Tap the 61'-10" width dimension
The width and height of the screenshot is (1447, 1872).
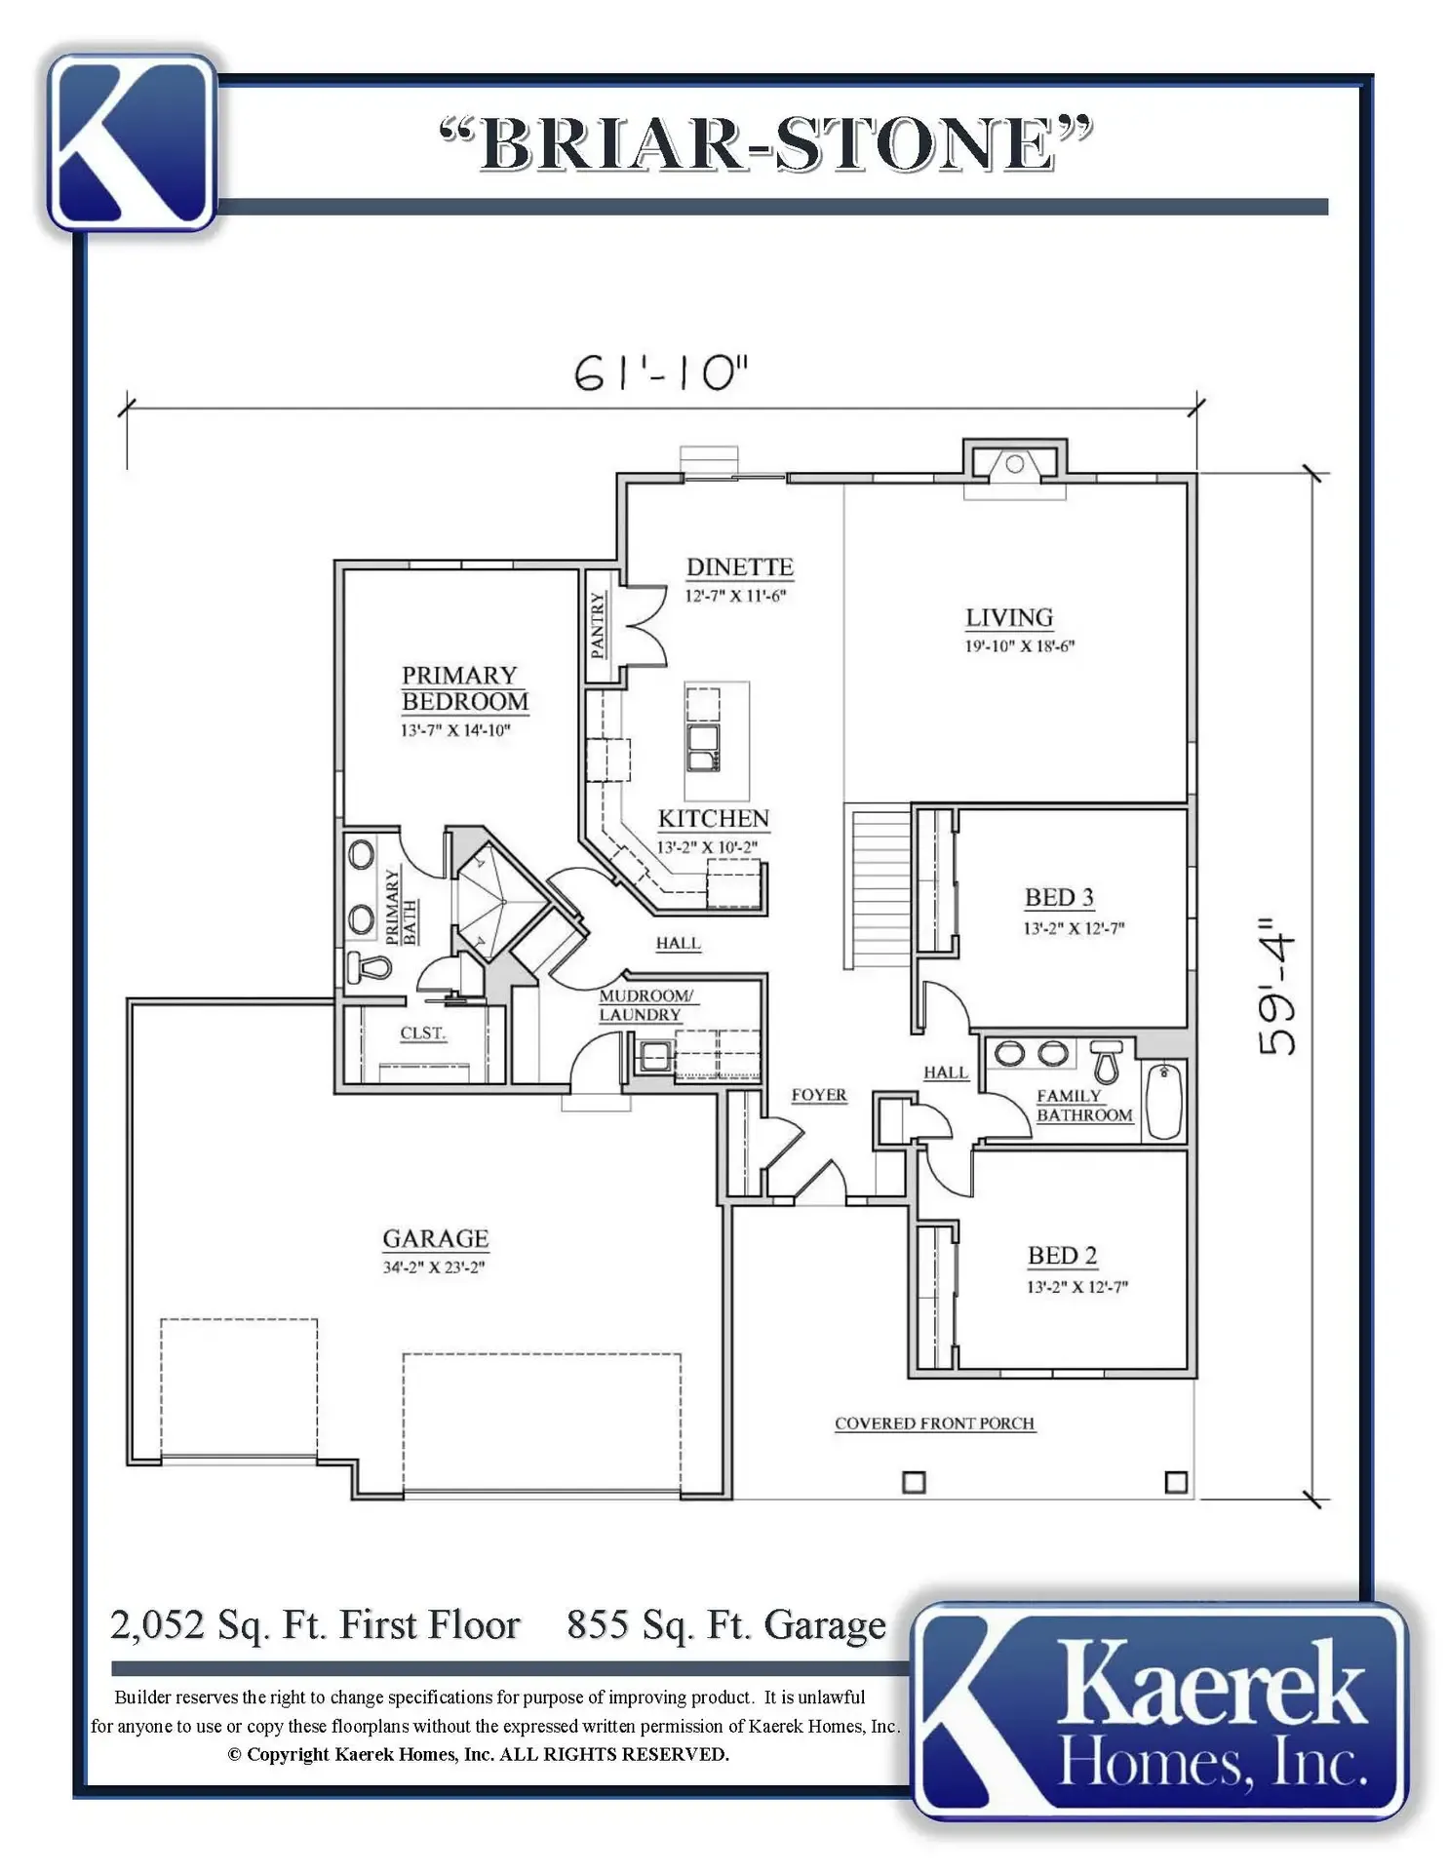pyautogui.click(x=662, y=372)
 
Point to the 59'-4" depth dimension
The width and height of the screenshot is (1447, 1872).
pyautogui.click(x=1277, y=986)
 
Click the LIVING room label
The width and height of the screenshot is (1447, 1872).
pyautogui.click(x=1009, y=617)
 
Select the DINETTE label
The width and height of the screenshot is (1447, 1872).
pyautogui.click(x=739, y=566)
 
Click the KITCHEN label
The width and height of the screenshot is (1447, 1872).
pyautogui.click(x=714, y=818)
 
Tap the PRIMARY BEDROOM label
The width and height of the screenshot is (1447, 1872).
pyautogui.click(x=465, y=688)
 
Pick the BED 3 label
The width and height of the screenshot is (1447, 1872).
pyautogui.click(x=1059, y=897)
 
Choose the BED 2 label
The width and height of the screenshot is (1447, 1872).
pyautogui.click(x=1062, y=1255)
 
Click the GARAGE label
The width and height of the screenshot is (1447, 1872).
pyautogui.click(x=435, y=1238)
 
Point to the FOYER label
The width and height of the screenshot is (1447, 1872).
pyautogui.click(x=819, y=1095)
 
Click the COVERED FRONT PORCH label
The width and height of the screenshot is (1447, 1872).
pyautogui.click(x=934, y=1423)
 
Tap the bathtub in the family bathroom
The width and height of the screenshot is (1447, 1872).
pyautogui.click(x=1164, y=1102)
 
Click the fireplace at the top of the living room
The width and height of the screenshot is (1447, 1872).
pyautogui.click(x=1015, y=464)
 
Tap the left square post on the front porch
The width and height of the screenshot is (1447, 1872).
pyautogui.click(x=914, y=1482)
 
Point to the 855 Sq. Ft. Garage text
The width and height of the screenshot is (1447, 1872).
pyautogui.click(x=726, y=1625)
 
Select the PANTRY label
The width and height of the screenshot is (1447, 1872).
pyautogui.click(x=598, y=625)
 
